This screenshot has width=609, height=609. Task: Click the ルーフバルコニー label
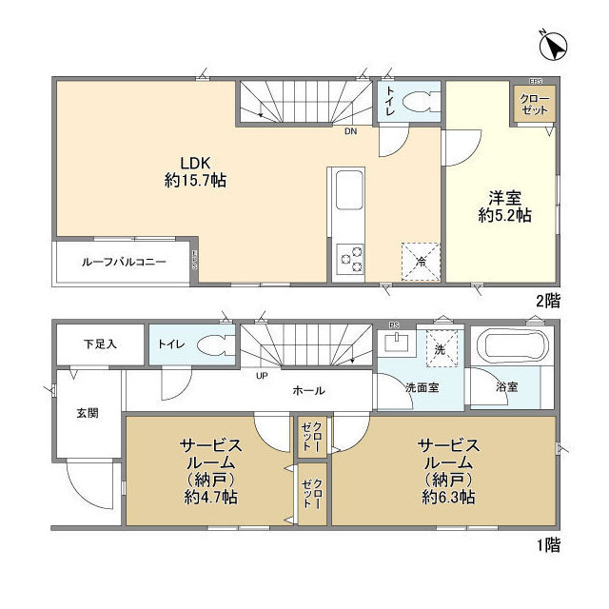point(124,262)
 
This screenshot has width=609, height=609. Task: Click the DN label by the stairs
point(350,131)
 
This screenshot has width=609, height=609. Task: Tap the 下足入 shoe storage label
point(98,344)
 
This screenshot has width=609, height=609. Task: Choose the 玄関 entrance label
point(88,413)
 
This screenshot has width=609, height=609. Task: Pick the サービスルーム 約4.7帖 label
point(211,470)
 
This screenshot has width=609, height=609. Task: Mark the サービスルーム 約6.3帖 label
point(445,470)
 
